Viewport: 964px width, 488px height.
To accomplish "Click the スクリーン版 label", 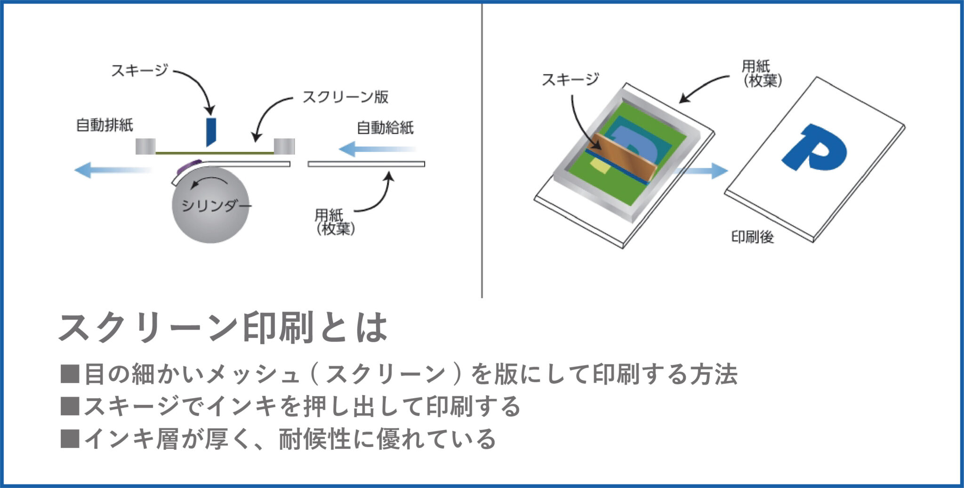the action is pos(345,97).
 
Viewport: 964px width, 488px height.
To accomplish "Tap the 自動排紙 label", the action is pos(104,125).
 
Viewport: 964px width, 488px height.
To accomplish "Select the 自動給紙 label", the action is pos(385,127).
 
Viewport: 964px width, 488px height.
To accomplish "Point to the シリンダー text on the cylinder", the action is pos(216,205).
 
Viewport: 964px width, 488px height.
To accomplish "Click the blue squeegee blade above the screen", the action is pos(210,132).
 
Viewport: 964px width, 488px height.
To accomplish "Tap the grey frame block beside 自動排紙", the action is pos(145,146).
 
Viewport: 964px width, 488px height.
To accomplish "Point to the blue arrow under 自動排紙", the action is pos(113,170).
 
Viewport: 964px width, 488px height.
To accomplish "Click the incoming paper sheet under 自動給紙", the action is pos(366,164).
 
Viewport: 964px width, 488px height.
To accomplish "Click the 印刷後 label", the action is pos(752,236).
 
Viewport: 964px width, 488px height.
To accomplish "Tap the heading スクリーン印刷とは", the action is pos(223,328).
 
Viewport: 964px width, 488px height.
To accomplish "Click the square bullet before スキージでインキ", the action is pos(70,406).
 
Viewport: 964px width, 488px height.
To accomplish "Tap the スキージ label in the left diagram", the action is pos(139,71).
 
